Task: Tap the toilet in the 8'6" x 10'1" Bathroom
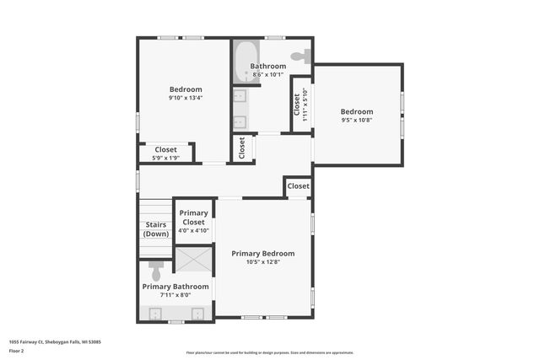point(301,56)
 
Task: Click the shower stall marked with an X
point(194,260)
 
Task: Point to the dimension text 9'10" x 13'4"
point(186,98)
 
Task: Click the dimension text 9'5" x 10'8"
point(356,120)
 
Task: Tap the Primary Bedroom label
point(263,253)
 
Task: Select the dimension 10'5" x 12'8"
point(263,261)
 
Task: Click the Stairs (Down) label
point(156,229)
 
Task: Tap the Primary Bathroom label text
point(175,287)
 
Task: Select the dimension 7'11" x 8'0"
point(175,295)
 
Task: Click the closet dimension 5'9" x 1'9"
point(165,158)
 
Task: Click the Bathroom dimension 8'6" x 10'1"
point(267,74)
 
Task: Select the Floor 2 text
point(17,350)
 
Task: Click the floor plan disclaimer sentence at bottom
point(269,352)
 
